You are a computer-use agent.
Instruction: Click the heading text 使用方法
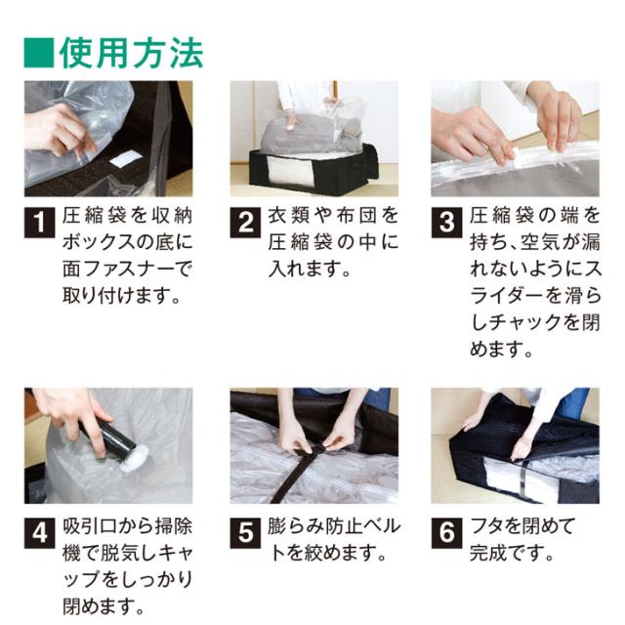(130, 50)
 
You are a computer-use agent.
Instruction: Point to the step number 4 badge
(38, 532)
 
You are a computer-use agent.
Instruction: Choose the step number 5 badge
(245, 532)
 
